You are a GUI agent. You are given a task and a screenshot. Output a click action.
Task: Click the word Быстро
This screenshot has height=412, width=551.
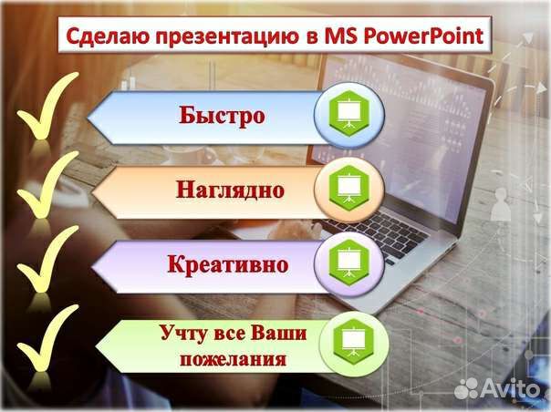(x=222, y=116)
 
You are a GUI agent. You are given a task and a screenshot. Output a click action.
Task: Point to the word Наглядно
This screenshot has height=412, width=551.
(x=230, y=190)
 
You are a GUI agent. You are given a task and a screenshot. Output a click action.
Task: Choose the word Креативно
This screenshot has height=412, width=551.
(x=228, y=264)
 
